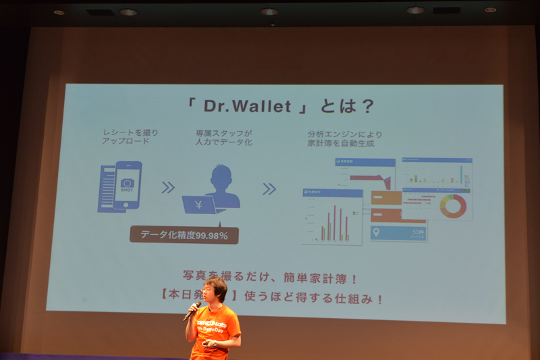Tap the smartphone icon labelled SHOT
tap(127, 184)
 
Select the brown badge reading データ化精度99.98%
tap(184, 235)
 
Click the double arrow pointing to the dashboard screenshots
tap(269, 188)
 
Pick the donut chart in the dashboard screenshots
tap(453, 206)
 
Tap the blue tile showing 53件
tap(398, 233)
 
